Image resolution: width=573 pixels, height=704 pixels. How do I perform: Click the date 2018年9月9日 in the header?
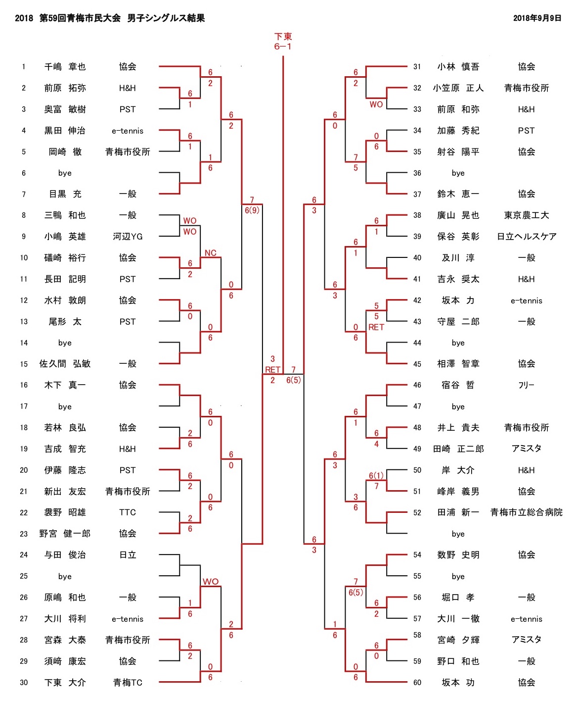[537, 18]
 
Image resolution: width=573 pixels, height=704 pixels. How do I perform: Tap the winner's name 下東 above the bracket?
[283, 37]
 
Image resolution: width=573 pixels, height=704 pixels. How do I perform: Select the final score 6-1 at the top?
[283, 47]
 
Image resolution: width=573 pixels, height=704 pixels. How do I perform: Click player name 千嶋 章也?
[65, 67]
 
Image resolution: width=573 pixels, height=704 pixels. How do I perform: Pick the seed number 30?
[24, 683]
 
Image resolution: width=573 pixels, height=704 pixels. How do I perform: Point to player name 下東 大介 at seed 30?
[65, 683]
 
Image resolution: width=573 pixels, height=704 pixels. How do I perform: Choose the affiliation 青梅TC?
[128, 683]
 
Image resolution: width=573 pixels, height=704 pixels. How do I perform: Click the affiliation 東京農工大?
[526, 215]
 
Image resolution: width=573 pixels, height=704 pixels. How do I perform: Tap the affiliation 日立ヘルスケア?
[526, 237]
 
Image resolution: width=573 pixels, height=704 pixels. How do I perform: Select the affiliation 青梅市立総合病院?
[526, 512]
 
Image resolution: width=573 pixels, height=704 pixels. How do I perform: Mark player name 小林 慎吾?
[458, 67]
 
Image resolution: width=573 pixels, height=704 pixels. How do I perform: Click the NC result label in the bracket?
[210, 253]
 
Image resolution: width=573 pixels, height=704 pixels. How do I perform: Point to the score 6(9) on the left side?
[252, 210]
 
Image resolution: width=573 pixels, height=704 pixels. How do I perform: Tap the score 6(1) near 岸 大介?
[376, 476]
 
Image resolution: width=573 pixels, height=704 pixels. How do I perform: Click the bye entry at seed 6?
[65, 173]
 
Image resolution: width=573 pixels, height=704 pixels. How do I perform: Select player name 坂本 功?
[458, 683]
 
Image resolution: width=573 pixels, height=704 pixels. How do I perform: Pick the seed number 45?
[417, 364]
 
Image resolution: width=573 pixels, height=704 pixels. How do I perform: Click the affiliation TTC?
[128, 512]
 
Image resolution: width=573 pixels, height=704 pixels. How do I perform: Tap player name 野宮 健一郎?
[65, 534]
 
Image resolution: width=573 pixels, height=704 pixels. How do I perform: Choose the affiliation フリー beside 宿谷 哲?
[526, 385]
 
